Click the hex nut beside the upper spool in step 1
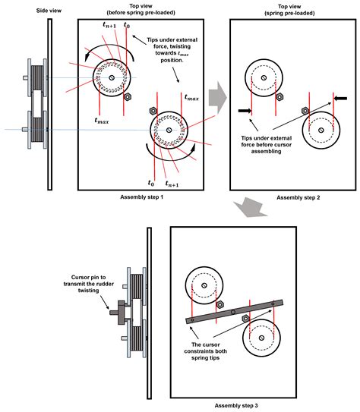pyautogui.click(x=127, y=97)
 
